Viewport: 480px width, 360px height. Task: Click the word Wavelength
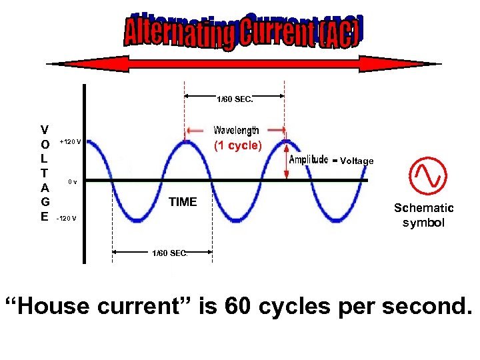(x=236, y=131)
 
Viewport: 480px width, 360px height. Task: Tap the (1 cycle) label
(x=238, y=146)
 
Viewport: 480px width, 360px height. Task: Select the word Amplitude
(x=309, y=159)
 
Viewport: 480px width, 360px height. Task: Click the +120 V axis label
(x=70, y=141)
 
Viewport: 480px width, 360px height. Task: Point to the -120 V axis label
(x=66, y=219)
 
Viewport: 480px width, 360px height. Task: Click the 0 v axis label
(x=73, y=181)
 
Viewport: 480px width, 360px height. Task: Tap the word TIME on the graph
(x=183, y=202)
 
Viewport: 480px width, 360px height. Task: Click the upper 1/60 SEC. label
(x=235, y=99)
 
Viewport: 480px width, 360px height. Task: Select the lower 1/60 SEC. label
(x=169, y=253)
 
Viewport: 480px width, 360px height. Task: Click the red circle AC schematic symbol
(x=426, y=175)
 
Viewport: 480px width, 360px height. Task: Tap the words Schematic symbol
(x=423, y=215)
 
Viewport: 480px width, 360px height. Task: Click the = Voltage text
(x=353, y=161)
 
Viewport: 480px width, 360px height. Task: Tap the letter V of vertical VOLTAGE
(x=44, y=129)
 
